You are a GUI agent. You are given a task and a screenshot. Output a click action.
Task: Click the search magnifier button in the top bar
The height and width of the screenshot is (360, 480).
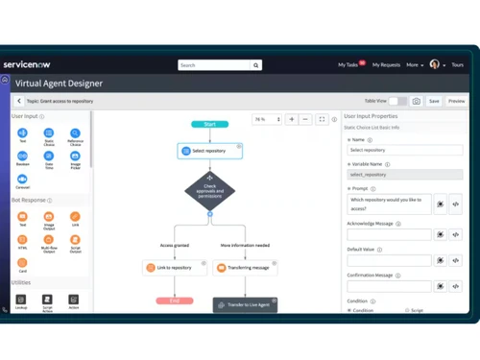(x=256, y=65)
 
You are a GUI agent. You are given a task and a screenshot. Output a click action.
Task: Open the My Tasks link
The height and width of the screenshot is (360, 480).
(x=349, y=65)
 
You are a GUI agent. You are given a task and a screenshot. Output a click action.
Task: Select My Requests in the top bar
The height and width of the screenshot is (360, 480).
(x=386, y=65)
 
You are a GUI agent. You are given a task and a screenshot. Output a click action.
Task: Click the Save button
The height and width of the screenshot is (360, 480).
(x=434, y=101)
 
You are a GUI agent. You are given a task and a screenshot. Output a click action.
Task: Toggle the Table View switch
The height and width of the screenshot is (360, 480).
(x=397, y=101)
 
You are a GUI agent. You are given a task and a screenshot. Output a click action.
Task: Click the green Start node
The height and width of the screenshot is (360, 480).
(x=209, y=124)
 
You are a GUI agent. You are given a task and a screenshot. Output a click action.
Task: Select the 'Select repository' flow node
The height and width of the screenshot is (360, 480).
(x=209, y=152)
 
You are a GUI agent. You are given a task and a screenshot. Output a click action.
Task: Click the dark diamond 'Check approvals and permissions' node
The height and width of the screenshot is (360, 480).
(x=209, y=190)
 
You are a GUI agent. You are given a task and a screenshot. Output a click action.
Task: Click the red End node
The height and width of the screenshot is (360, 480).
(x=174, y=300)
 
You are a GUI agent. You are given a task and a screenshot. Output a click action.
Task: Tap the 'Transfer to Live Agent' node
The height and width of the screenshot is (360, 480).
(x=245, y=304)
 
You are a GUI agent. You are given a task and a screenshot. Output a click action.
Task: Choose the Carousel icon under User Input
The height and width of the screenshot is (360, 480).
(x=22, y=180)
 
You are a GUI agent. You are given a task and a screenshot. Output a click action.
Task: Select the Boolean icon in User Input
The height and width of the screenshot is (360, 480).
(x=22, y=156)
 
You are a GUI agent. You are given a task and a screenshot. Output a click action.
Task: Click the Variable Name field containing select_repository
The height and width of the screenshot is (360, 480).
(x=404, y=175)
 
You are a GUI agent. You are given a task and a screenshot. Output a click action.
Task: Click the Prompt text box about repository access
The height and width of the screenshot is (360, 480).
(x=389, y=204)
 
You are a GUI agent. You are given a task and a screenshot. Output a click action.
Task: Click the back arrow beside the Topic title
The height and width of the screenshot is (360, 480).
(x=19, y=101)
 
